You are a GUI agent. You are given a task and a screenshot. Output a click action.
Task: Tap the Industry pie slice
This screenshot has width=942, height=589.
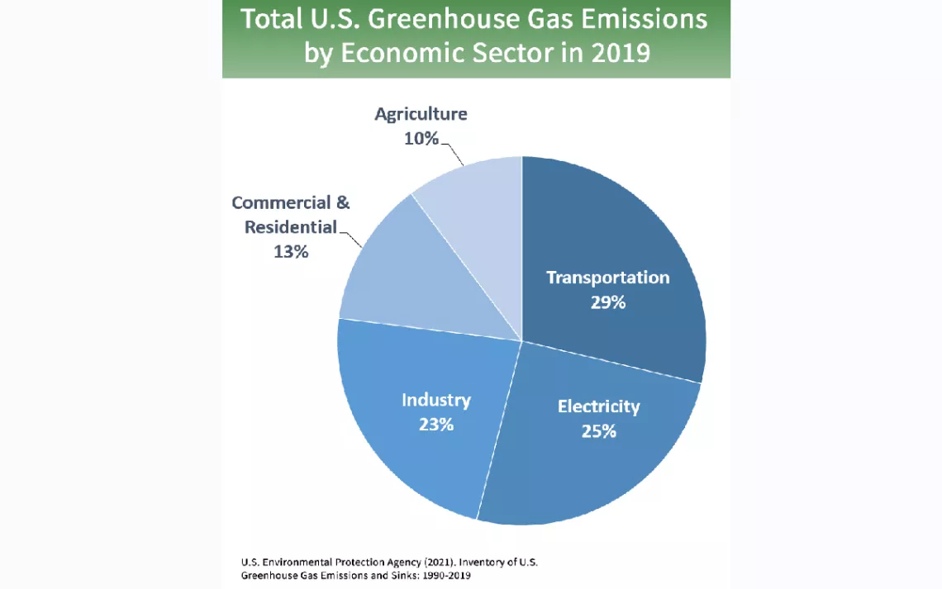[413, 446]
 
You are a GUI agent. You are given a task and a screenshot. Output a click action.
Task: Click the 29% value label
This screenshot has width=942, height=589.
[607, 302]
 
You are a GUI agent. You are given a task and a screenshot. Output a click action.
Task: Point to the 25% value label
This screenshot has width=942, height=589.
[598, 430]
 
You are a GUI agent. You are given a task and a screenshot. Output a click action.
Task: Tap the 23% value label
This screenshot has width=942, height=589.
[435, 425]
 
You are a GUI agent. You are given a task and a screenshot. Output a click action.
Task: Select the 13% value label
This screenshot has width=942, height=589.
[291, 251]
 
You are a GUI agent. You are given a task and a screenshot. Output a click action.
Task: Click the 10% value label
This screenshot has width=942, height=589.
[421, 138]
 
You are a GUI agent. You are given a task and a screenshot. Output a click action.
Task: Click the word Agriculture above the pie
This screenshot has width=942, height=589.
[421, 114]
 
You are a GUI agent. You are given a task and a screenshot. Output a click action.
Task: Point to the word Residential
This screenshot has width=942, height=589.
[291, 226]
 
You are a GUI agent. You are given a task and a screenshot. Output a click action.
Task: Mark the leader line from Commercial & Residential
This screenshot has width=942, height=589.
[350, 238]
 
